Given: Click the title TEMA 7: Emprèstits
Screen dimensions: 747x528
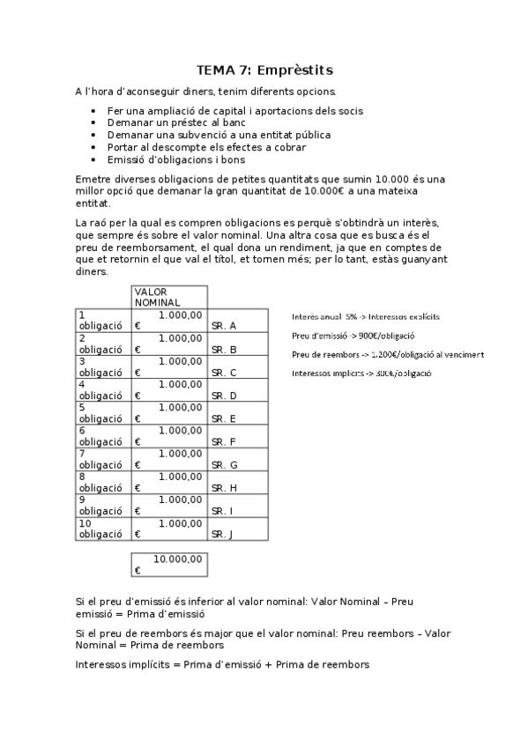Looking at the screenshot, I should [264, 70].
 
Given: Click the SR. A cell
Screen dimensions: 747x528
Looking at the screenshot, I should [224, 326].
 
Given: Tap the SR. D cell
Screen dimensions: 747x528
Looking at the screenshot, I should [224, 396].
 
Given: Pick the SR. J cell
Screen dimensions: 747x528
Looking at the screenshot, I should [224, 534].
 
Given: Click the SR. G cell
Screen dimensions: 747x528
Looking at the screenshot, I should [224, 464].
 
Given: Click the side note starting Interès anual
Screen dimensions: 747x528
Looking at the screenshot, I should [366, 316].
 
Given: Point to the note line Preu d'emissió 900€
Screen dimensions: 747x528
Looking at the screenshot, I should [353, 336].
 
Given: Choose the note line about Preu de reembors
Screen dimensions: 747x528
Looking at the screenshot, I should [387, 354].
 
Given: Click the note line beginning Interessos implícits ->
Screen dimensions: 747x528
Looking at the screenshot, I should [361, 373].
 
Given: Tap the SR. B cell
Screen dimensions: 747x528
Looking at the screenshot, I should [224, 349].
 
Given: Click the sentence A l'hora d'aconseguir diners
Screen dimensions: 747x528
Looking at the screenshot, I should [205, 91].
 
